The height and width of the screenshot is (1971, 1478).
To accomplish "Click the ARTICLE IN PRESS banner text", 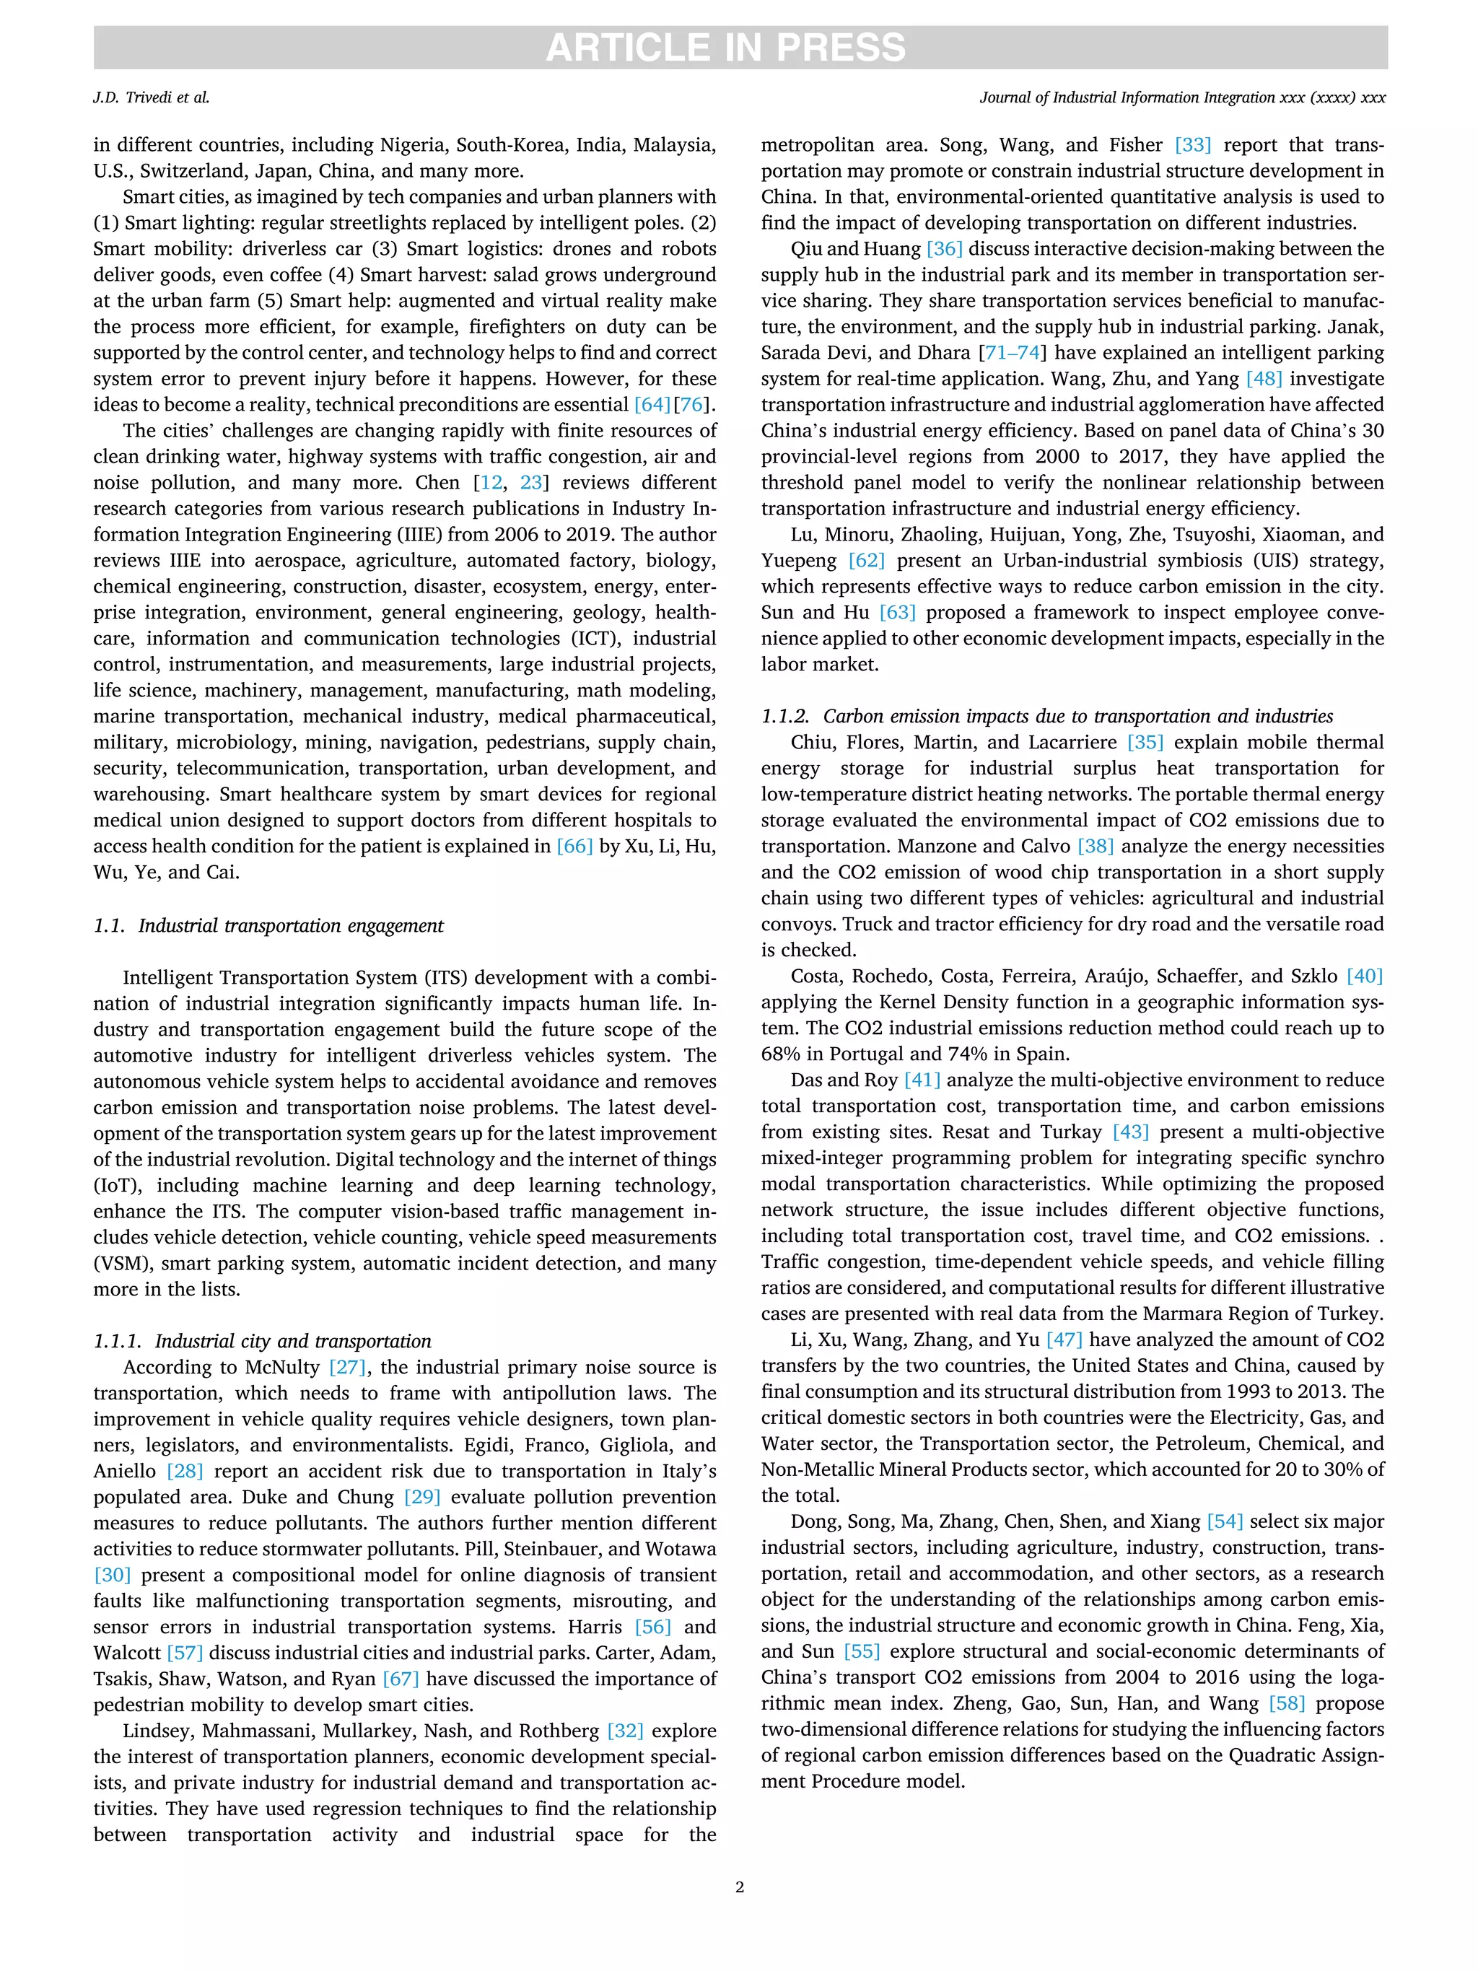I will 725,47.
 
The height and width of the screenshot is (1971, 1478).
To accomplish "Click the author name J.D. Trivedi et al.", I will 152,98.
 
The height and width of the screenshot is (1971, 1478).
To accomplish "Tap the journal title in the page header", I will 1181,98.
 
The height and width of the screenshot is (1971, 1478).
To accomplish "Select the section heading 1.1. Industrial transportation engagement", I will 268,926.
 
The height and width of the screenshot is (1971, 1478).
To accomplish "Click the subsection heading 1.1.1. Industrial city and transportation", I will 262,1341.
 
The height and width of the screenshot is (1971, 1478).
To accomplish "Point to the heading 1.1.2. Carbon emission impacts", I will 1047,717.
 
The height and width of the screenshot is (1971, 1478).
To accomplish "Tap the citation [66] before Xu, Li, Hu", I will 574,847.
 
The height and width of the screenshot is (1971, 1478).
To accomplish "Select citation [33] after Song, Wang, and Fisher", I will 1193,145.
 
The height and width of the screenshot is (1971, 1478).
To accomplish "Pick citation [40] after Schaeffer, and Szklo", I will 1364,976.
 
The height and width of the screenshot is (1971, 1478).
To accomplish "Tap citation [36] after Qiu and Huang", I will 945,250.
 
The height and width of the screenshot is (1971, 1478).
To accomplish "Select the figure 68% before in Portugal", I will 782,1054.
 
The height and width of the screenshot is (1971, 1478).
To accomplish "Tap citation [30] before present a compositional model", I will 113,1576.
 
